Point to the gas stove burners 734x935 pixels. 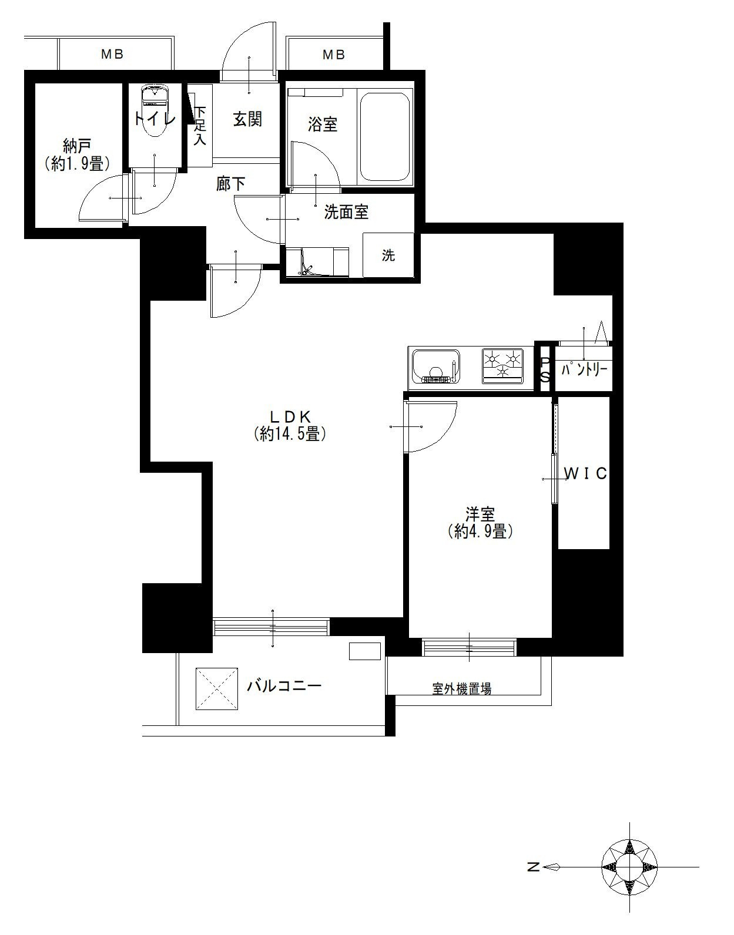click(x=502, y=366)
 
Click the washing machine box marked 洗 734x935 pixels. click(x=388, y=255)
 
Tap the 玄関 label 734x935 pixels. click(x=247, y=119)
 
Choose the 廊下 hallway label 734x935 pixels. click(x=231, y=184)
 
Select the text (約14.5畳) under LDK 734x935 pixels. click(x=290, y=433)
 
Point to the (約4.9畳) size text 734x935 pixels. click(x=480, y=532)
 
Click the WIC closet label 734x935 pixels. click(x=585, y=473)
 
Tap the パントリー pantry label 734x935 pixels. click(x=584, y=370)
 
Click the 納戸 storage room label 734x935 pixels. click(x=76, y=147)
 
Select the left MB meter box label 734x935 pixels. click(x=112, y=54)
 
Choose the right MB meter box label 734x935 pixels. click(x=334, y=55)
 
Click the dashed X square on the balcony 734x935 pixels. click(x=217, y=689)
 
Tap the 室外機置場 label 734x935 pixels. click(x=462, y=689)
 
